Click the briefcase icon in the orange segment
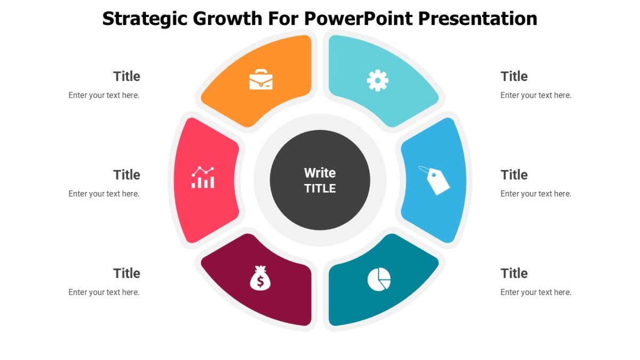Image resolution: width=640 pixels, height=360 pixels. click(261, 79)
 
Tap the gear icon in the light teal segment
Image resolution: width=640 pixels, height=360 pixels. click(378, 81)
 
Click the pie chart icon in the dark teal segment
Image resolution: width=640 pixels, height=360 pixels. click(379, 279)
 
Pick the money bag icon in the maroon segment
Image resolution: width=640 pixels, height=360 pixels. click(260, 278)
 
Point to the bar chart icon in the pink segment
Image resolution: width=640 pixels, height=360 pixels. click(203, 178)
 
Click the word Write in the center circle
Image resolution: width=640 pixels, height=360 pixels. click(320, 173)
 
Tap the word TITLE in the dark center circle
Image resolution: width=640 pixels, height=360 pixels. click(320, 188)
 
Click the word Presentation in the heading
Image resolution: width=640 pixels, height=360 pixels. click(477, 19)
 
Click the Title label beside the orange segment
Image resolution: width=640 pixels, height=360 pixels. click(126, 76)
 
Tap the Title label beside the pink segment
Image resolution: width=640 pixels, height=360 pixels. click(126, 175)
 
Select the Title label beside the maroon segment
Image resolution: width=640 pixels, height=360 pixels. click(126, 273)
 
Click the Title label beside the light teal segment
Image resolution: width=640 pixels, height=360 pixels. click(514, 76)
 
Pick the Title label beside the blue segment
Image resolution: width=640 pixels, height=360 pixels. click(514, 175)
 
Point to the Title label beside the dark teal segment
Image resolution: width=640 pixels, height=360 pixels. click(514, 273)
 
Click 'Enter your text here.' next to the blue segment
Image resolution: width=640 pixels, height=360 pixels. click(535, 194)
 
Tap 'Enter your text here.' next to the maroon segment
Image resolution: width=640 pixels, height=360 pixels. click(104, 292)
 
